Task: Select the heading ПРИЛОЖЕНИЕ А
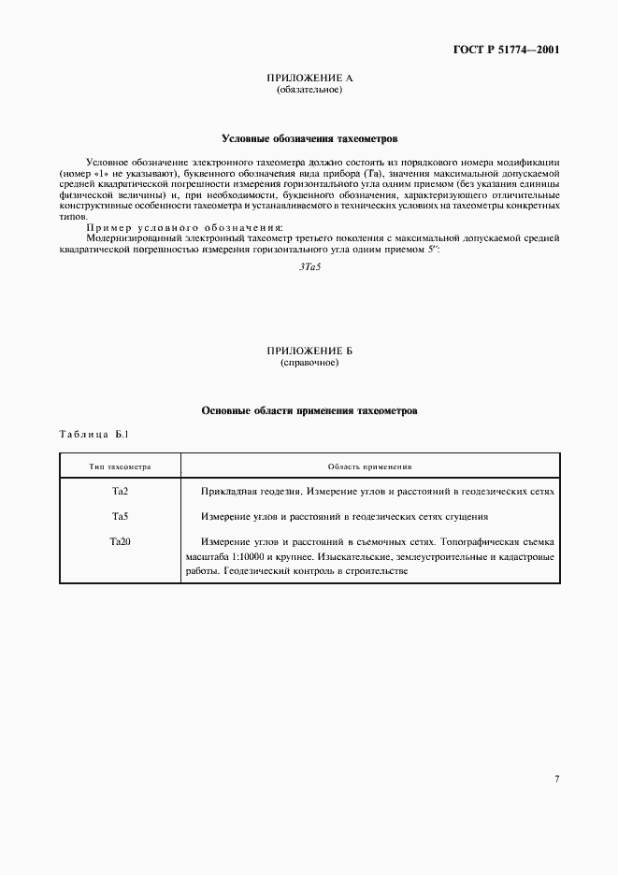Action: point(309,79)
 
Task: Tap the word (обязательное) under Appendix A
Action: point(309,91)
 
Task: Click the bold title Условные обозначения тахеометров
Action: point(309,137)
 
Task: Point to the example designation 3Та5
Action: point(309,267)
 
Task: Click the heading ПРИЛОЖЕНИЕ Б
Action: point(309,351)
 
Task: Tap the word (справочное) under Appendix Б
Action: point(309,363)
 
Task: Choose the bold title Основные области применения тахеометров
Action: point(309,410)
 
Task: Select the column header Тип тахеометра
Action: point(120,466)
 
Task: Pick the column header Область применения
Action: point(370,466)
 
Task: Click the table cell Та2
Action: point(120,491)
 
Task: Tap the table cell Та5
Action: point(120,516)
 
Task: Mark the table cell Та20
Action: point(120,541)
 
